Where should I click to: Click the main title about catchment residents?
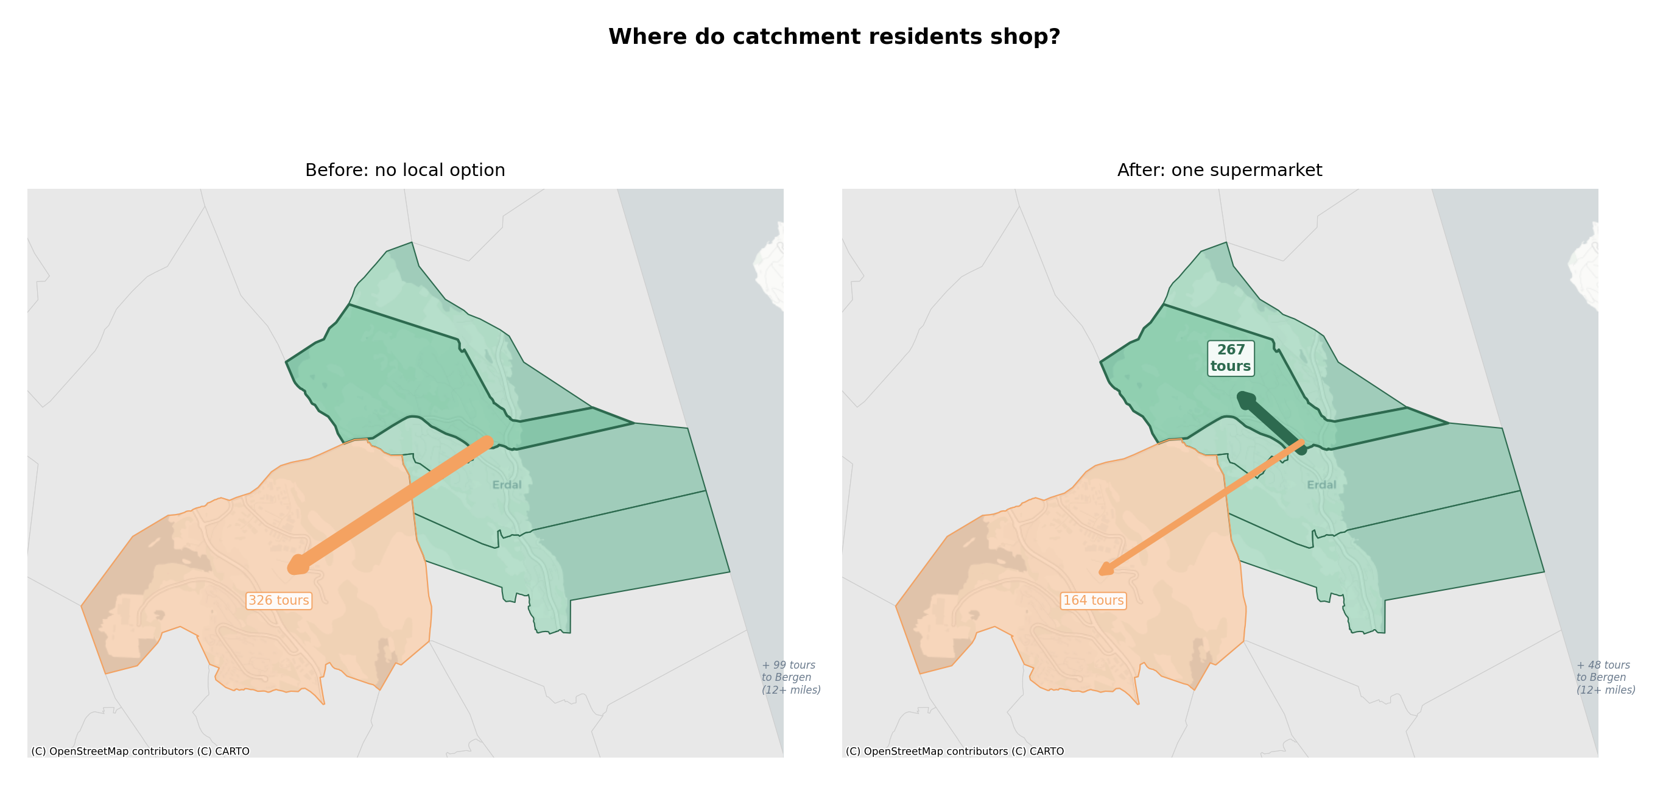tap(834, 37)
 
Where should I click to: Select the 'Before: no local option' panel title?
tap(405, 170)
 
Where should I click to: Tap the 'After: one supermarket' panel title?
tap(1219, 170)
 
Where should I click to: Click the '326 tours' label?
tap(279, 600)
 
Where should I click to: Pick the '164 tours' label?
tap(1093, 600)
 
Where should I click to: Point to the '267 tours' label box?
tap(1231, 358)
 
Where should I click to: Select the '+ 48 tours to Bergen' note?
tap(1605, 677)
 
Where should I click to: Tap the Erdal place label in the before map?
tap(507, 485)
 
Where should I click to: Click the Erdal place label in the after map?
tap(1321, 485)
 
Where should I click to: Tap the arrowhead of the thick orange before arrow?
tap(297, 566)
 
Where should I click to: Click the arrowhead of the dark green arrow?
tap(1245, 400)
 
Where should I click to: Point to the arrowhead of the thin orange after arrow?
tap(1105, 570)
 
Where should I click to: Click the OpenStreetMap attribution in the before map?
tap(140, 752)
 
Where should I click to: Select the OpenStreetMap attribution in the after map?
tap(954, 752)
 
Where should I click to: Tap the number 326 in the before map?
tap(260, 600)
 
